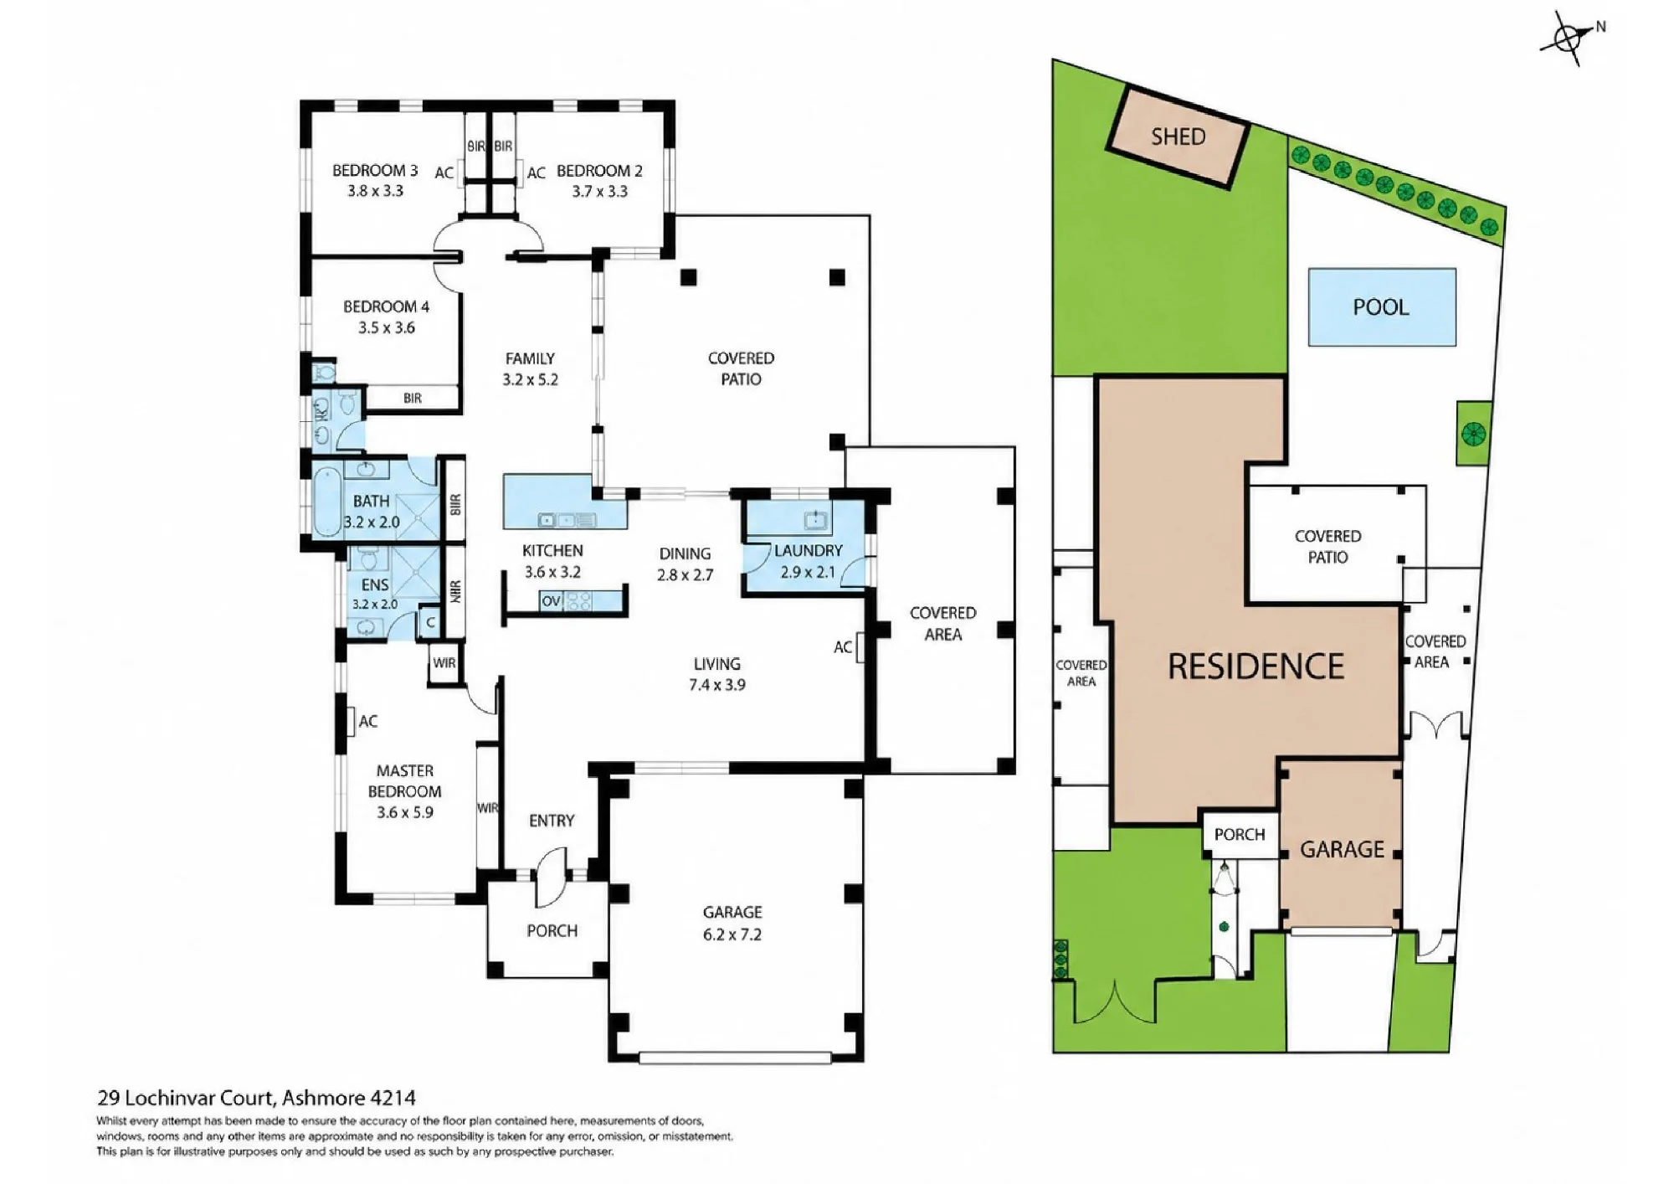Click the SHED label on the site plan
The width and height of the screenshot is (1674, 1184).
pyautogui.click(x=1178, y=136)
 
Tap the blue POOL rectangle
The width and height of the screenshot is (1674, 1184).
pyautogui.click(x=1382, y=306)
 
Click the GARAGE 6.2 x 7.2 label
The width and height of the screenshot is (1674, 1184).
pyautogui.click(x=732, y=923)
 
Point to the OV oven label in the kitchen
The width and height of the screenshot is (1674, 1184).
pyautogui.click(x=551, y=601)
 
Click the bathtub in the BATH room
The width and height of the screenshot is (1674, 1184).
pyautogui.click(x=326, y=502)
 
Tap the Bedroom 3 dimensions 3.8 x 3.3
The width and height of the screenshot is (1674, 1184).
pyautogui.click(x=376, y=191)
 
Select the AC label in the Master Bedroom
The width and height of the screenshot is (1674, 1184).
pyautogui.click(x=368, y=721)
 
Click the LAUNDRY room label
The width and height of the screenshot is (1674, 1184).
pyautogui.click(x=808, y=550)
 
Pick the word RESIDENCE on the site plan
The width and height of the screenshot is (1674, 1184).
pyautogui.click(x=1255, y=667)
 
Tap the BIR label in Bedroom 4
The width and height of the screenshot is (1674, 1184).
pyautogui.click(x=413, y=399)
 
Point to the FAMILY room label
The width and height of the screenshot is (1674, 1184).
pyautogui.click(x=530, y=358)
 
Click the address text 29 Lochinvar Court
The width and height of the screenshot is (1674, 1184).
pyautogui.click(x=186, y=1098)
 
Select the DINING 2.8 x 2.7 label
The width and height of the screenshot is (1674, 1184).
pyautogui.click(x=685, y=564)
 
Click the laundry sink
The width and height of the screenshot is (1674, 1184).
pyautogui.click(x=816, y=519)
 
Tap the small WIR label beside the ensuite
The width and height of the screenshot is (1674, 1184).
pyautogui.click(x=444, y=663)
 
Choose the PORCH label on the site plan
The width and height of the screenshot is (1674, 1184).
pyautogui.click(x=1240, y=835)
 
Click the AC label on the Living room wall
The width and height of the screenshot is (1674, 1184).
pyautogui.click(x=843, y=647)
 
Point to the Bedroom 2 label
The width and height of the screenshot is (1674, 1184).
pyautogui.click(x=599, y=171)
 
